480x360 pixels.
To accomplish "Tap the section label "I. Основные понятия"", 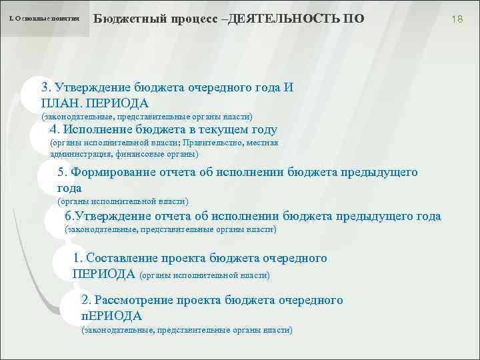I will pyautogui.click(x=44, y=19).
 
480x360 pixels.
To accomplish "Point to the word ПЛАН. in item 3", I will pyautogui.click(x=61, y=103).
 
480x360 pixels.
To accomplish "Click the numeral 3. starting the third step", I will pyautogui.click(x=47, y=88).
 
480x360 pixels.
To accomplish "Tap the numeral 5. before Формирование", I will pyautogui.click(x=63, y=173).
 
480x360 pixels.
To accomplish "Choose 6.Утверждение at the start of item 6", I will pyautogui.click(x=107, y=216).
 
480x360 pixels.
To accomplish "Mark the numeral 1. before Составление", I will pyautogui.click(x=78, y=259).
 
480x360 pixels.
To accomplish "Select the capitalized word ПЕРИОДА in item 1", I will pyautogui.click(x=103, y=274).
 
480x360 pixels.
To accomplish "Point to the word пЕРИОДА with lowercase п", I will pyautogui.click(x=111, y=315).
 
